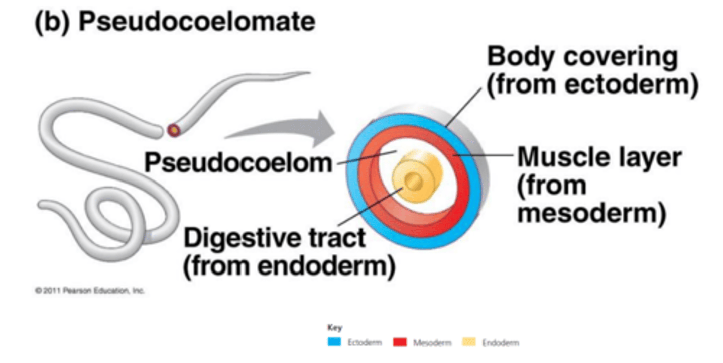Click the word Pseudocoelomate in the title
197,23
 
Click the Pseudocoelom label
238,162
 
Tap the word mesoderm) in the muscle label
591,213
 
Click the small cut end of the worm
174,130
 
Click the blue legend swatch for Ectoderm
334,343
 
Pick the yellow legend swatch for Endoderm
468,343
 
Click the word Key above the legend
334,328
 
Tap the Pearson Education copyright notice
89,291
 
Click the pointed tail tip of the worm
307,74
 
